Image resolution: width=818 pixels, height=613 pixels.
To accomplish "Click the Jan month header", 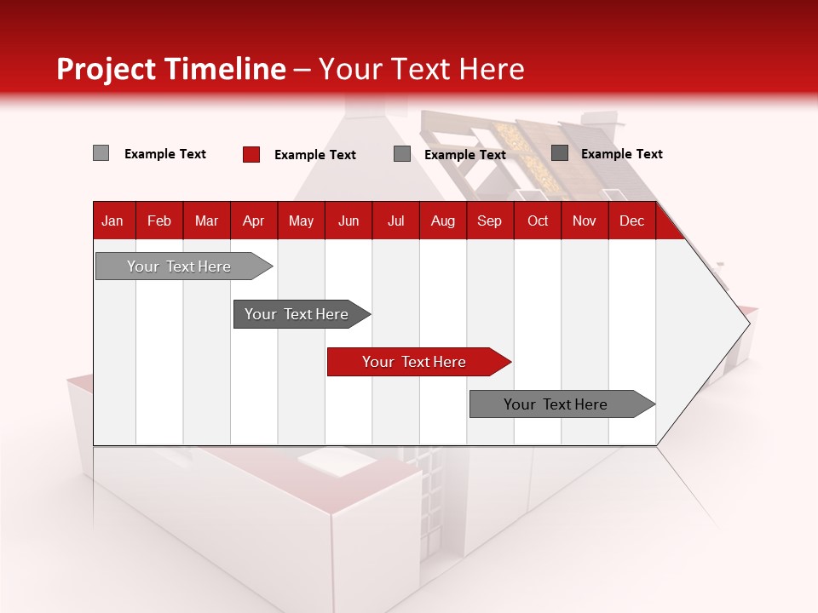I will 112,221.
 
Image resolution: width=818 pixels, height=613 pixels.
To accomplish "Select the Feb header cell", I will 159,221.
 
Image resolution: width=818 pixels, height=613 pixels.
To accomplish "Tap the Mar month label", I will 206,221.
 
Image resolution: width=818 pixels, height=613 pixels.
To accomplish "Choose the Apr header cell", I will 253,221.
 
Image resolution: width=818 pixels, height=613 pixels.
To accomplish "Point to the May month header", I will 301,221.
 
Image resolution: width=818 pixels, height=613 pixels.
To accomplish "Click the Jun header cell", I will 349,221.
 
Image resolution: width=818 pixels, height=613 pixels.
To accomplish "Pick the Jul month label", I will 395,221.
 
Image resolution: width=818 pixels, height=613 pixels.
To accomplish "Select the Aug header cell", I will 442,221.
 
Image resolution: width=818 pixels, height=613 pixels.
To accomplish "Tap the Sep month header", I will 489,221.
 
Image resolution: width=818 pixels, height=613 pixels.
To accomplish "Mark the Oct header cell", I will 538,221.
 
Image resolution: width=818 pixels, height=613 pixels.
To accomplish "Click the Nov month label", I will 585,221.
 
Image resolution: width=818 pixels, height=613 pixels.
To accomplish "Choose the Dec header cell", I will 631,221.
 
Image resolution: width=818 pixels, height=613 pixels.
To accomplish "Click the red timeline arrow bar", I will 414,362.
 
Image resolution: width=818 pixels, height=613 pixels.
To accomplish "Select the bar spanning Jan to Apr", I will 179,266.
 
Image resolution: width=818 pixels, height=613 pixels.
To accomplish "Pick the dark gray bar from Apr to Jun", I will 297,314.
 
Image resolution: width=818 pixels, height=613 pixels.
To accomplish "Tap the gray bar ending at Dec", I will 556,404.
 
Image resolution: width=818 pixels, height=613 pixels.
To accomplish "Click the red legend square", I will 251,154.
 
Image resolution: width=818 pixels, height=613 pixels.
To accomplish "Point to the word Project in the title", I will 107,69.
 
